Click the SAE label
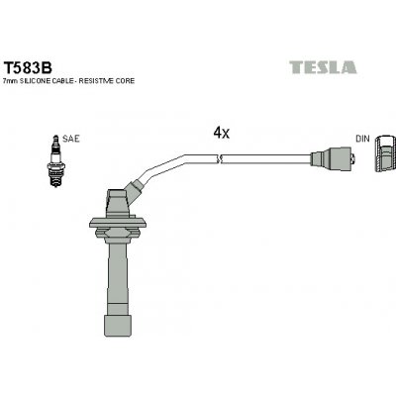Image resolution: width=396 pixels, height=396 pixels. pos(70,140)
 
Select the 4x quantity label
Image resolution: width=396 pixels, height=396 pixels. pos(221,132)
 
